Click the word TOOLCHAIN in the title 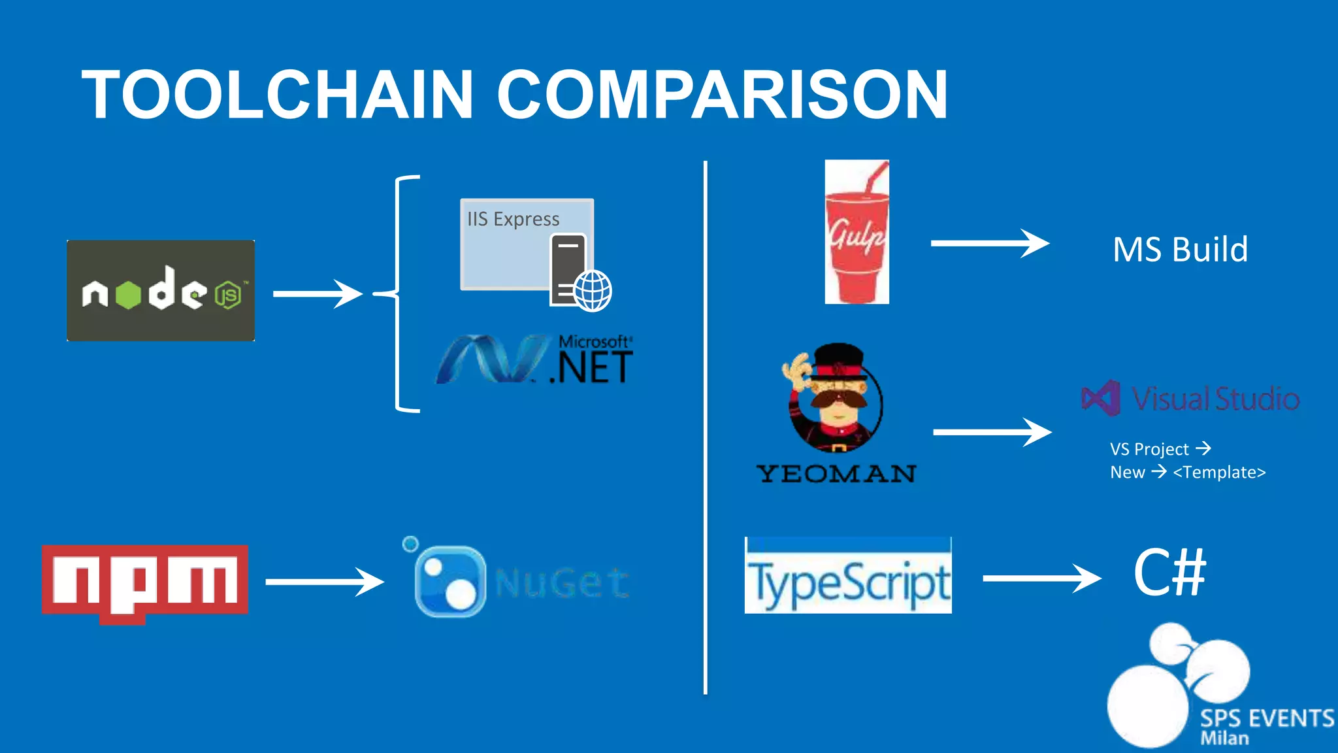click(x=277, y=95)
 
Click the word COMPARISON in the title click(x=722, y=95)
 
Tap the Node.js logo click(x=161, y=291)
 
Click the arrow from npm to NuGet click(x=324, y=582)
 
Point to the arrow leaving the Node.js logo click(x=318, y=294)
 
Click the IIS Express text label click(x=513, y=219)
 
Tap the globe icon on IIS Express click(x=593, y=290)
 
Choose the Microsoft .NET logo click(x=534, y=360)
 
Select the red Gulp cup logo click(x=857, y=233)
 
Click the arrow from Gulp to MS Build click(x=989, y=244)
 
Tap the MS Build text click(x=1180, y=250)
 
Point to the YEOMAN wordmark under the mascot click(x=836, y=474)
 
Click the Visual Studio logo click(x=1190, y=398)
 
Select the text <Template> click(x=1219, y=473)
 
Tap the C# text click(x=1169, y=573)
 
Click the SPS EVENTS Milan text click(x=1266, y=726)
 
